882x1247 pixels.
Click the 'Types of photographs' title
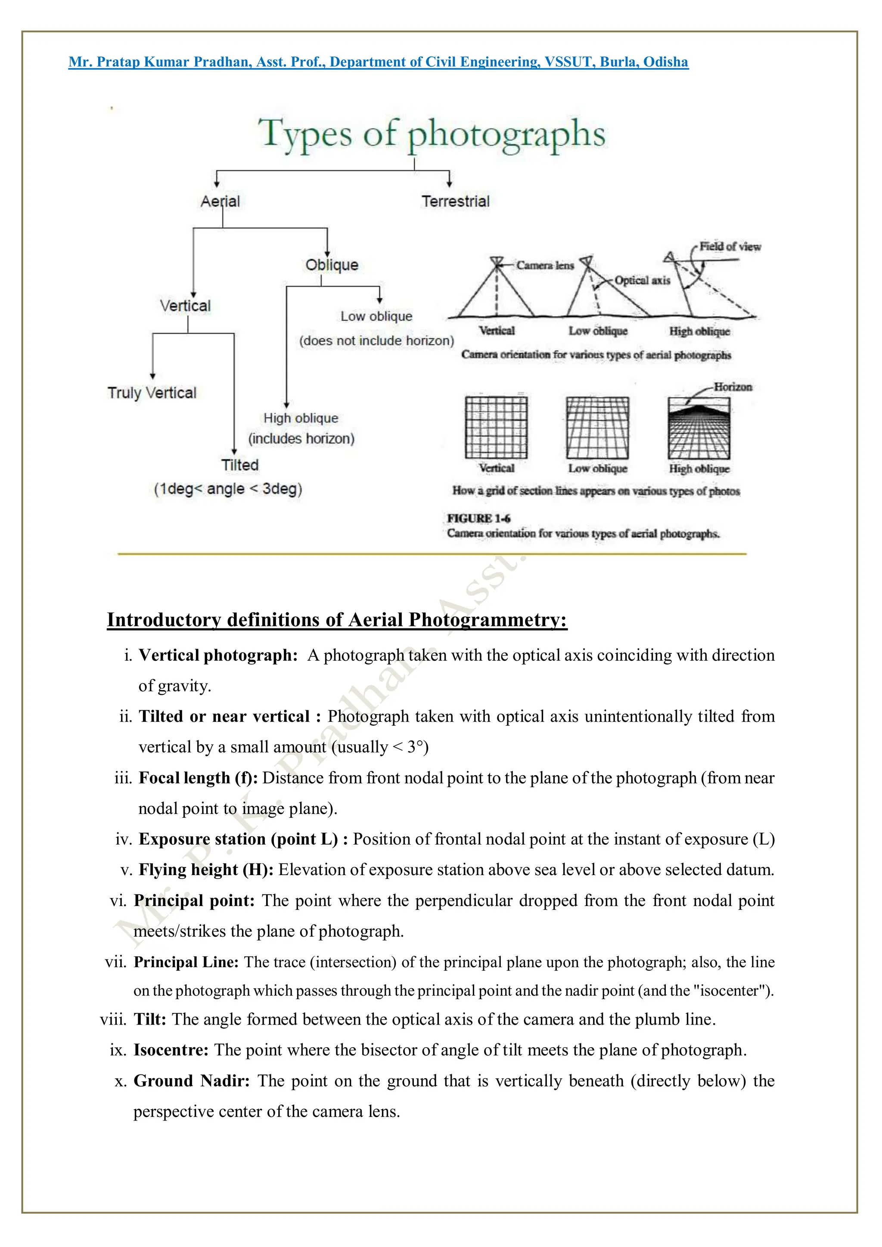(431, 134)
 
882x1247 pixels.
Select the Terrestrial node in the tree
(455, 201)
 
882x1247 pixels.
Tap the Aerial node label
(220, 201)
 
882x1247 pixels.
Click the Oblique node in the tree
(332, 265)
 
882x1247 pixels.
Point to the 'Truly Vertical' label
(152, 393)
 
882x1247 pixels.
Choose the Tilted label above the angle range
(239, 465)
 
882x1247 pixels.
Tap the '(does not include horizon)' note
(376, 340)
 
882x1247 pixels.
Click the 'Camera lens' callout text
(544, 266)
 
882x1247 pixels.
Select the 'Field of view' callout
(730, 247)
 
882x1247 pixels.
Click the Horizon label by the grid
(733, 387)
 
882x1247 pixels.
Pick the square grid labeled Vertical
(496, 427)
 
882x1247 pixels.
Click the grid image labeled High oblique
(699, 428)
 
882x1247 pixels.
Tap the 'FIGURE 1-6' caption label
(478, 518)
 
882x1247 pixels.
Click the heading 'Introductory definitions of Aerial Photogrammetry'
(337, 620)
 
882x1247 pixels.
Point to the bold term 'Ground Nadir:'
(191, 1081)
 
